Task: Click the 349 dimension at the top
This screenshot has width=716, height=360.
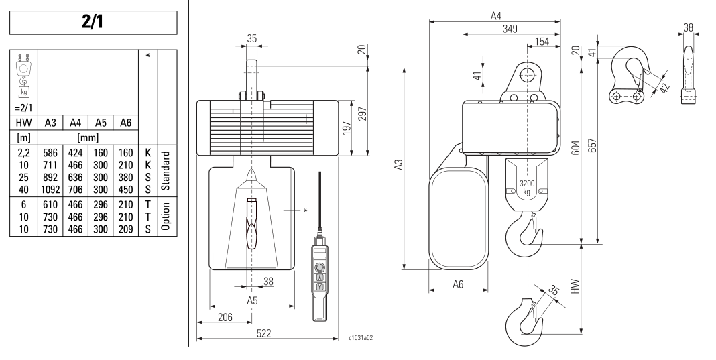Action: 510,28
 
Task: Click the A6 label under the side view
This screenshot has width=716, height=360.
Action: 458,284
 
